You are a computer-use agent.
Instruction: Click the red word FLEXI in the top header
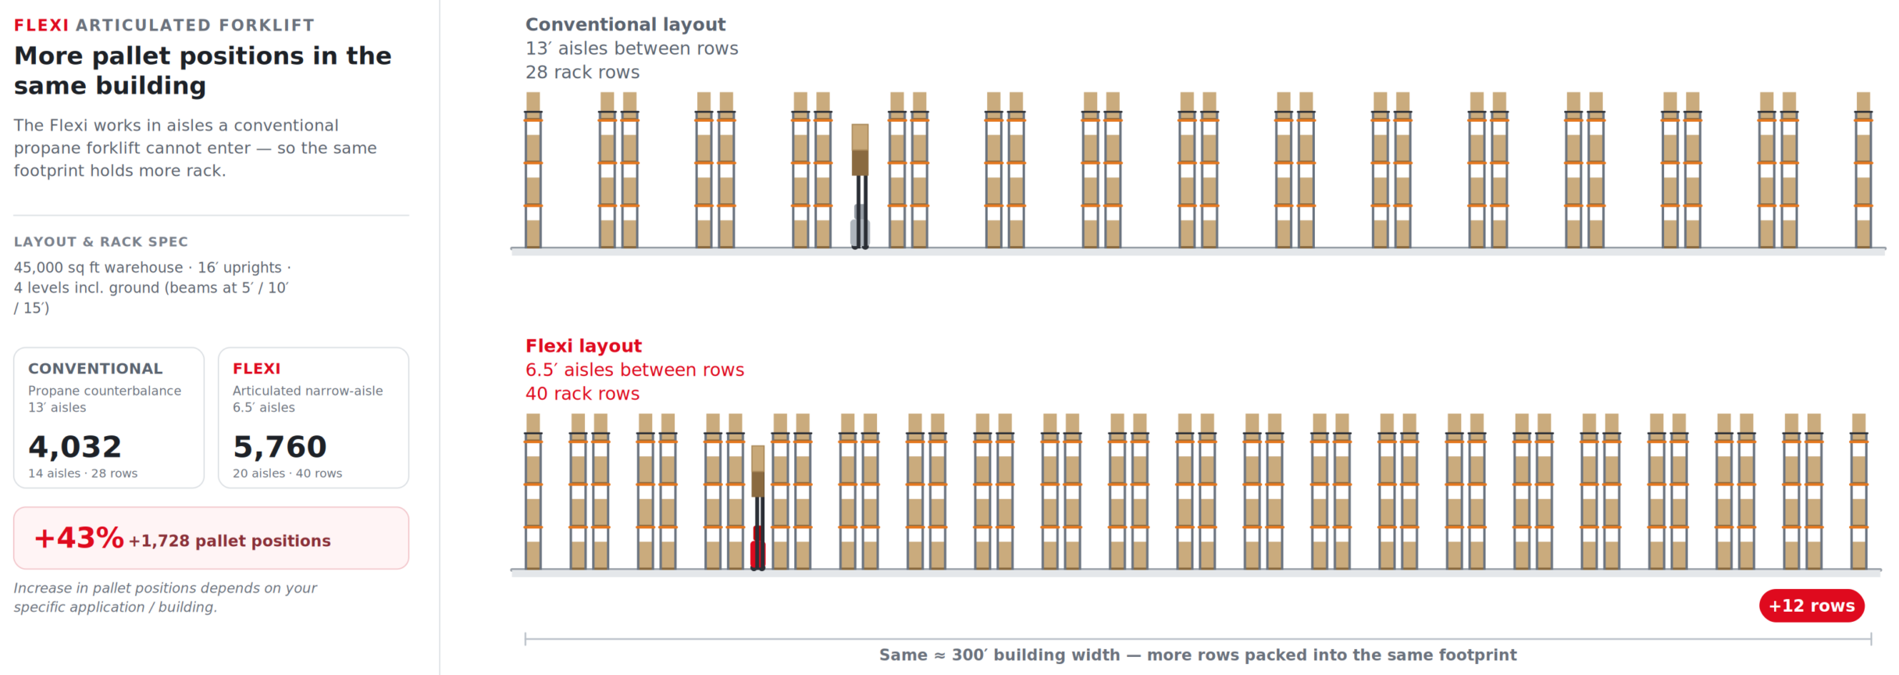point(41,25)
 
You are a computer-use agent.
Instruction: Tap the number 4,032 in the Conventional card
point(75,447)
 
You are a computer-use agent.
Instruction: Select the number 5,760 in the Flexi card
point(280,447)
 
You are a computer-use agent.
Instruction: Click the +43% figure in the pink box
point(79,537)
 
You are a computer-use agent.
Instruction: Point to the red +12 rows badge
point(1812,605)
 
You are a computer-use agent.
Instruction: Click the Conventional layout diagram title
point(625,25)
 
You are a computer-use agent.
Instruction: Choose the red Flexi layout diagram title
point(583,346)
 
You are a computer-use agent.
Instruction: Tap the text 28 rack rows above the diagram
point(583,73)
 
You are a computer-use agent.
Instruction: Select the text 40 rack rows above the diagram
point(583,394)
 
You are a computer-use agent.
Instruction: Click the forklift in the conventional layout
point(860,187)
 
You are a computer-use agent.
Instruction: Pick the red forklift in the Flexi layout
point(757,509)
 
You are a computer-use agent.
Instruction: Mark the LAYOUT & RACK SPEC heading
point(101,242)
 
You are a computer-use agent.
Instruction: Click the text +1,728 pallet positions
point(230,541)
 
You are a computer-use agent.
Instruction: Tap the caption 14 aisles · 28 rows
point(83,473)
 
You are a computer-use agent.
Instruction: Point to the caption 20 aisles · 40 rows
point(287,473)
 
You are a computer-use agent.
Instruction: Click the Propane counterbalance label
point(105,391)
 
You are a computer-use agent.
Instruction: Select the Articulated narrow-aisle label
point(308,391)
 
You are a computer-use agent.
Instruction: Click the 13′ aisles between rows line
point(632,48)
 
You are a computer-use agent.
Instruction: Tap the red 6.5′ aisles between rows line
point(635,370)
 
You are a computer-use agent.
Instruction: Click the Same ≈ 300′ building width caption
point(1198,655)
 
